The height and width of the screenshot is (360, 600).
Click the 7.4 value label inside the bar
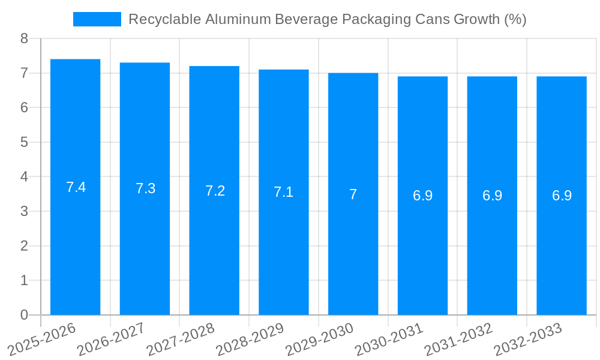76,187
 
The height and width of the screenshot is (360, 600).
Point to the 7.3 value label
145,188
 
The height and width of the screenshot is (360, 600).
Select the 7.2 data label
215,191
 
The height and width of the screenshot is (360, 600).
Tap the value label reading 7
353,194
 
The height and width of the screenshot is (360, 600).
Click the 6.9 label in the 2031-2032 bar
492,196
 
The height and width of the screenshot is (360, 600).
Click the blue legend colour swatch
97,19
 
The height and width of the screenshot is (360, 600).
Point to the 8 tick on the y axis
24,38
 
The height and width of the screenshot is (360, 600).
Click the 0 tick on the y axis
24,315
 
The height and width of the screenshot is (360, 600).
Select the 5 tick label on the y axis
24,142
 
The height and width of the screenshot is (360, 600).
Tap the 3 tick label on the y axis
24,211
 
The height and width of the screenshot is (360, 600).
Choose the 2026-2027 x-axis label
111,339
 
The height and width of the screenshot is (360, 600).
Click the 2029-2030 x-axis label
319,339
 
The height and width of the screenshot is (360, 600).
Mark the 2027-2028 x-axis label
181,339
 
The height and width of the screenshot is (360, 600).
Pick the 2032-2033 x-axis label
527,339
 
